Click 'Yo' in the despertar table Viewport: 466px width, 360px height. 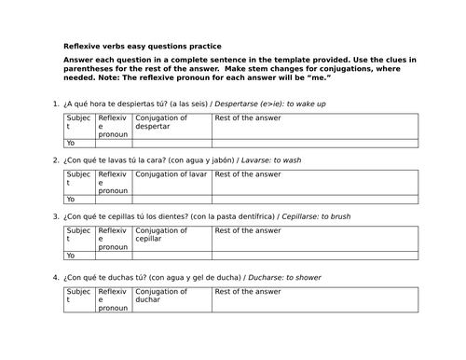[71, 143]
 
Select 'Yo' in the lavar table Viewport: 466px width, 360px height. [71, 200]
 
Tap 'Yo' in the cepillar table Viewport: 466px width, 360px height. [71, 256]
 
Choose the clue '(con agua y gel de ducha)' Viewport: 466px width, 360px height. [196, 278]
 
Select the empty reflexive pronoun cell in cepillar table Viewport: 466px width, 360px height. [114, 256]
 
